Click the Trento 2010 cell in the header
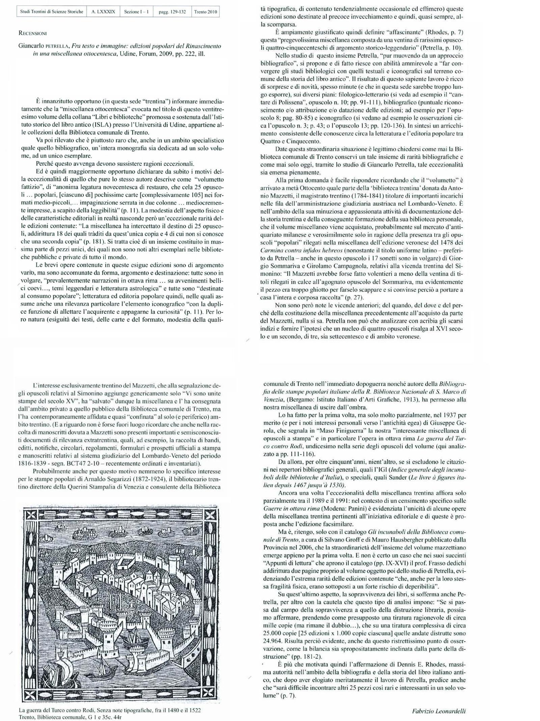tap(206, 12)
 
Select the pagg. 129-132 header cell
tap(172, 12)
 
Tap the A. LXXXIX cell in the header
tap(103, 12)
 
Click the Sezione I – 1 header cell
tap(136, 12)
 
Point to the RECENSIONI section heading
tap(33, 33)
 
